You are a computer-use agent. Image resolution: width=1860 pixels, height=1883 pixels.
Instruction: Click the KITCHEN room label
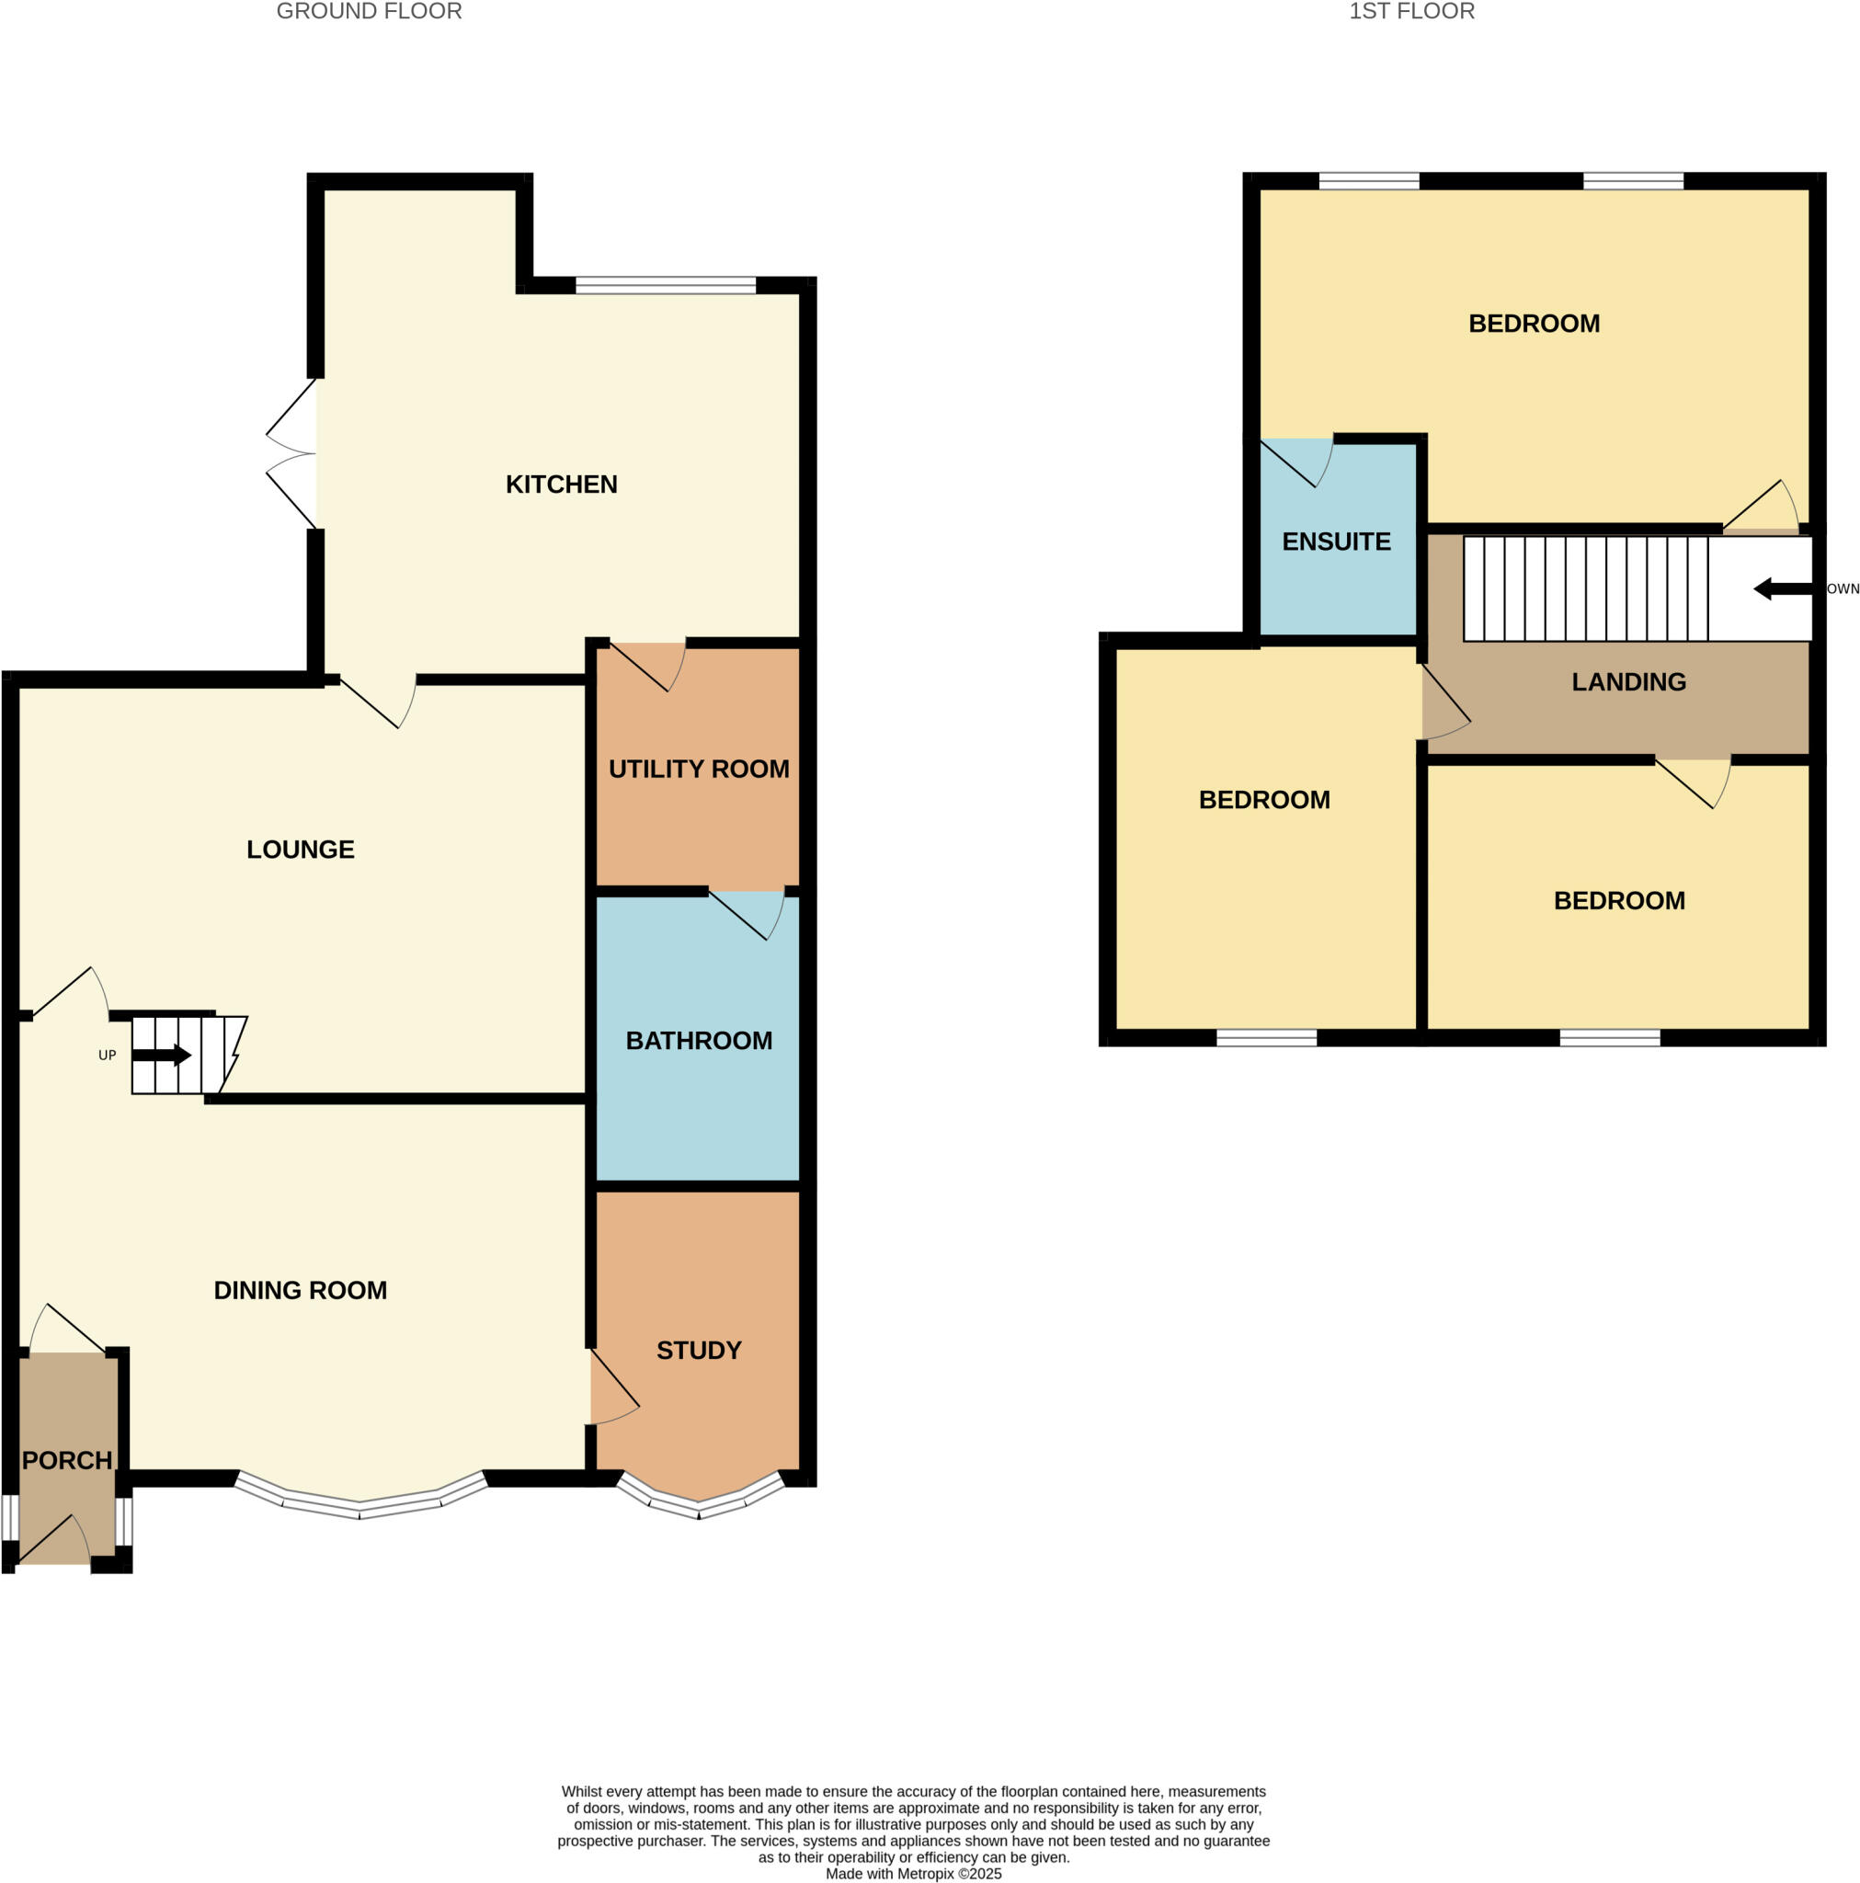click(562, 485)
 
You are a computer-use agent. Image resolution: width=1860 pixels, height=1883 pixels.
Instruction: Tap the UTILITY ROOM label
click(699, 769)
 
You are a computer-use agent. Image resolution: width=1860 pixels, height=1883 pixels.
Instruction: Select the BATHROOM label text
click(699, 1041)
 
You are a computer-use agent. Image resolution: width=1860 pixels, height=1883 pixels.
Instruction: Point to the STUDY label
click(699, 1350)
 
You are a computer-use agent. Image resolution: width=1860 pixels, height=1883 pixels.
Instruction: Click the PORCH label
click(67, 1460)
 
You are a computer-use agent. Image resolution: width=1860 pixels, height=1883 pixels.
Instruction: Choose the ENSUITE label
click(1336, 542)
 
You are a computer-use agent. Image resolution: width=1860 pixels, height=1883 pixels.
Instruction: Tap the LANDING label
click(1628, 682)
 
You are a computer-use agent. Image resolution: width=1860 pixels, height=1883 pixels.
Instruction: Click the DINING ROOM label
click(301, 1290)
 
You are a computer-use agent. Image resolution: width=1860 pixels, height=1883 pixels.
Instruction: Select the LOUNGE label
click(301, 850)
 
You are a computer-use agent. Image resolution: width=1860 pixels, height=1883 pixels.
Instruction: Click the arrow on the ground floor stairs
click(161, 1055)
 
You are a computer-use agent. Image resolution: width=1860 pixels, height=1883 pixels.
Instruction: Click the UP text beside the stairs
click(108, 1055)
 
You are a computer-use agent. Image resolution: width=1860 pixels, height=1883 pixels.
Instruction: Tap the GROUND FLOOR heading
click(370, 12)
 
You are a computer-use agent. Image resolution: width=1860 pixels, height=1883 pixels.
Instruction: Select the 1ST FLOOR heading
click(1410, 12)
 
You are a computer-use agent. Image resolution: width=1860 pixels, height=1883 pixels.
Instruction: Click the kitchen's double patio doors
click(292, 453)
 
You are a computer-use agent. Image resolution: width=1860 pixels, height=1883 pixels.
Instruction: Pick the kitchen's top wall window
click(665, 286)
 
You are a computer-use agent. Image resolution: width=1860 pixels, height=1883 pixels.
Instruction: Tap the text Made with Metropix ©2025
click(913, 1873)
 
